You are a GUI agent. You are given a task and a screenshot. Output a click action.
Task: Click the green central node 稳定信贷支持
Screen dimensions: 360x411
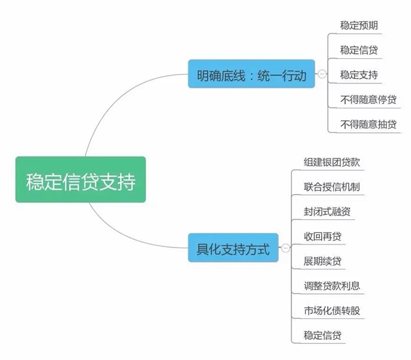point(80,180)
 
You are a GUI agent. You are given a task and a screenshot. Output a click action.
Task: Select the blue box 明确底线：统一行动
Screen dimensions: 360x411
point(251,75)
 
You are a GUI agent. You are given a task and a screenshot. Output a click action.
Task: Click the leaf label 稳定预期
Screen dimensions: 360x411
point(359,26)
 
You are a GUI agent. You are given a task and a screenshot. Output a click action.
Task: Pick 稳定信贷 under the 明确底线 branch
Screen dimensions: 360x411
point(359,50)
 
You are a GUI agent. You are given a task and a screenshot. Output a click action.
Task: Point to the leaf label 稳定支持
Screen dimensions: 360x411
point(359,74)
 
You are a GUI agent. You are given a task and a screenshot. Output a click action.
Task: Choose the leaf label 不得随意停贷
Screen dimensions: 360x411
point(368,99)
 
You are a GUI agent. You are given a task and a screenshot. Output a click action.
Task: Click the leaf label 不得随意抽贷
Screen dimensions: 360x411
point(368,124)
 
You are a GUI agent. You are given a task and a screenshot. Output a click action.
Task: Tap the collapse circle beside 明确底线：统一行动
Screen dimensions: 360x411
point(322,75)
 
